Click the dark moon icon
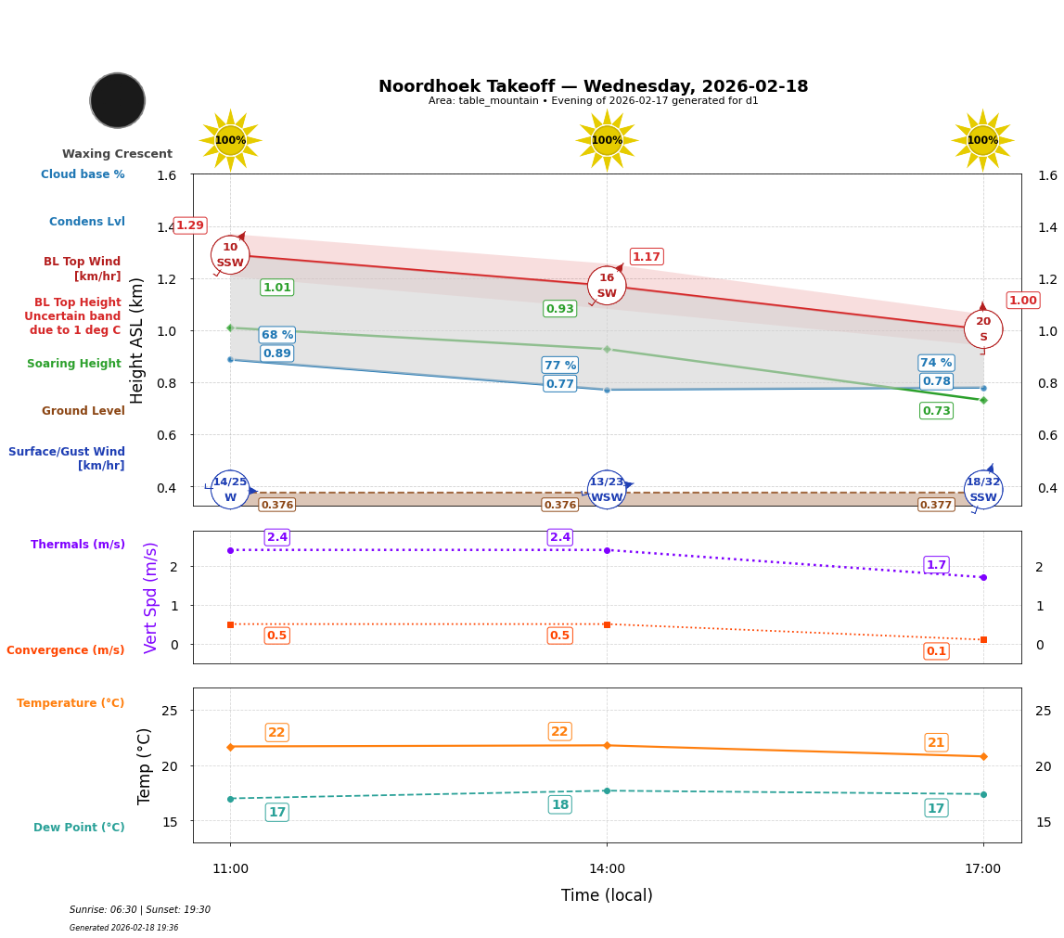(118, 100)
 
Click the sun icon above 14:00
(607, 140)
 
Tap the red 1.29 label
(190, 225)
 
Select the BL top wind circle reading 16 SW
(607, 285)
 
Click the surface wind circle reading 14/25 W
(230, 489)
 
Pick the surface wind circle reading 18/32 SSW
(983, 489)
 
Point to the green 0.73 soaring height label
(936, 410)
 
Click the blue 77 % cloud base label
(560, 366)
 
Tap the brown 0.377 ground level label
(935, 505)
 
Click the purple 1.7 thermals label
(936, 565)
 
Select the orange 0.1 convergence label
(936, 651)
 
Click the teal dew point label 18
(560, 804)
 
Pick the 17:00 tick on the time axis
(983, 869)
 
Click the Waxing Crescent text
(117, 154)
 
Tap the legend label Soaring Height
(74, 364)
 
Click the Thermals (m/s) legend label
(78, 545)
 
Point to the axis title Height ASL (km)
(137, 341)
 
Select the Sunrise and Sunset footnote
(140, 910)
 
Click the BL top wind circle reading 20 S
(983, 328)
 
